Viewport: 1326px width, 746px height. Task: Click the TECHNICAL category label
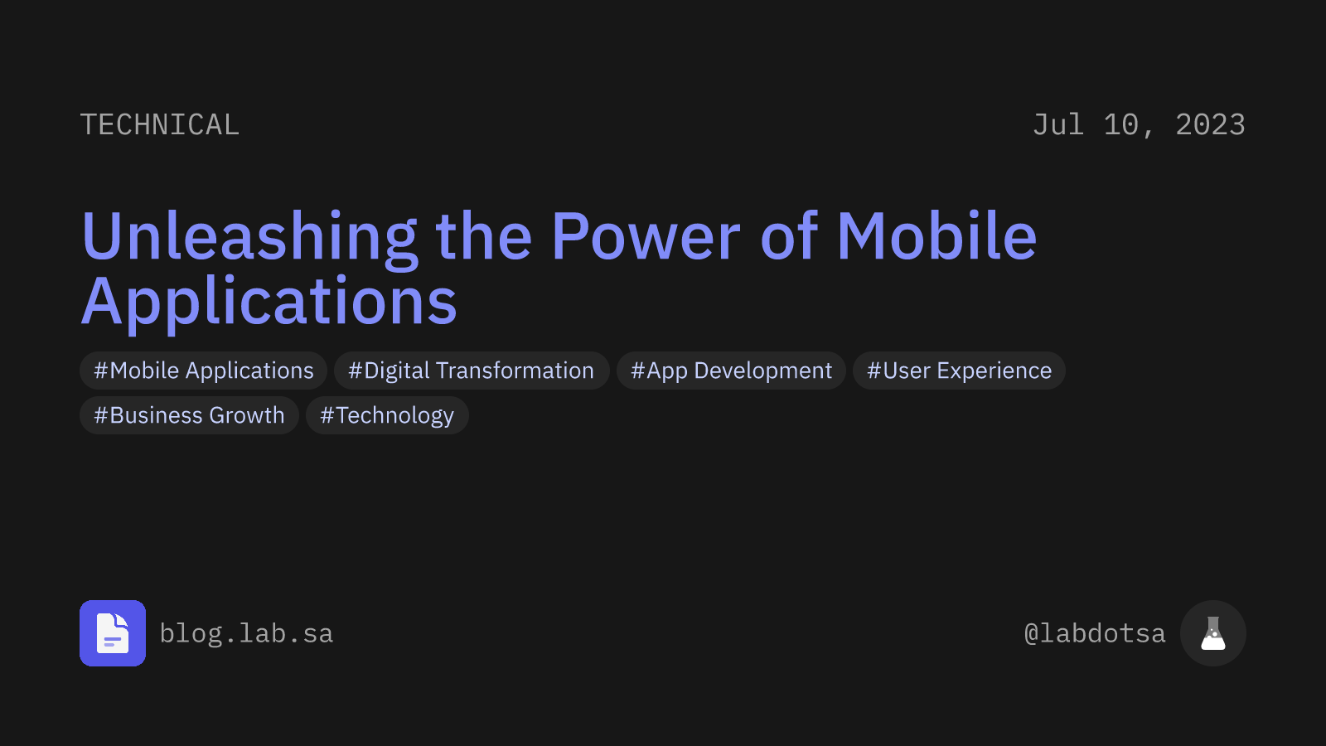coord(159,125)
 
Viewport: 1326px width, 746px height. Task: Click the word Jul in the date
coord(1057,125)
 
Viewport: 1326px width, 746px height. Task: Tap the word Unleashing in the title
coord(249,237)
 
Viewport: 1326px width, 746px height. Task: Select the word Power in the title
coord(646,237)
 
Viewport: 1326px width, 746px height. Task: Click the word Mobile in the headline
coord(936,237)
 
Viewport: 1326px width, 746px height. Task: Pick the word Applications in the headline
coord(269,302)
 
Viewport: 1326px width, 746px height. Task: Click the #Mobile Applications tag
coord(204,371)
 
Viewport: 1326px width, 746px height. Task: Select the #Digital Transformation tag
coord(471,371)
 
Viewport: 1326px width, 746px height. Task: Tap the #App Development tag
coord(731,371)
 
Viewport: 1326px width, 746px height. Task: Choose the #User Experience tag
coord(959,371)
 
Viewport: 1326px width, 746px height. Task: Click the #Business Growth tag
coord(189,415)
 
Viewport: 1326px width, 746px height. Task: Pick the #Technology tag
coord(387,415)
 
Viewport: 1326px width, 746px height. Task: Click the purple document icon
coord(113,633)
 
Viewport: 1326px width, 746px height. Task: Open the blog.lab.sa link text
coord(246,634)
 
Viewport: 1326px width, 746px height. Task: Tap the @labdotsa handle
coord(1094,634)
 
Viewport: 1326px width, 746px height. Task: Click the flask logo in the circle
coord(1212,633)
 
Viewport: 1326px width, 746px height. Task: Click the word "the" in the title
coord(483,237)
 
